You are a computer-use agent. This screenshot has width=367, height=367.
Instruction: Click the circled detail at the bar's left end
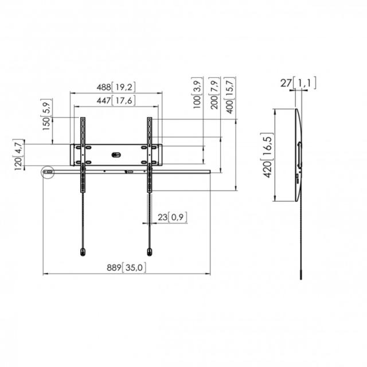pyautogui.click(x=48, y=171)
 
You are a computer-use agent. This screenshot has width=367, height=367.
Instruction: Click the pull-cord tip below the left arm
pyautogui.click(x=83, y=251)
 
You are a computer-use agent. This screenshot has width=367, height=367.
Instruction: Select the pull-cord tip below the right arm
pyautogui.click(x=150, y=251)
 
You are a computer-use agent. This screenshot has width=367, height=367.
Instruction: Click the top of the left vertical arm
pyautogui.click(x=83, y=119)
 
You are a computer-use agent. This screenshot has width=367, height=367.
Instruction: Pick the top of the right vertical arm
pyautogui.click(x=150, y=119)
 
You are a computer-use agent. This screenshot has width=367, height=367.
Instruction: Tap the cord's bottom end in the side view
pyautogui.click(x=300, y=276)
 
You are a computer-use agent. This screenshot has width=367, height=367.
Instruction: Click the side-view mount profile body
pyautogui.click(x=298, y=155)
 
